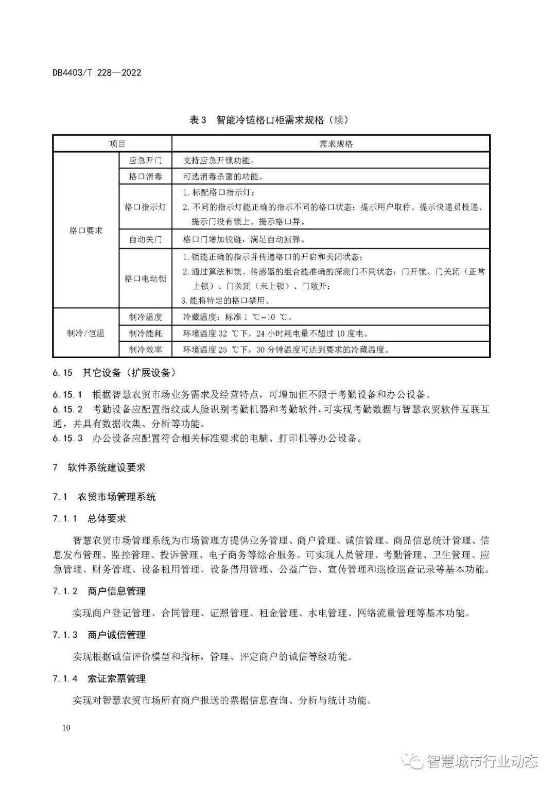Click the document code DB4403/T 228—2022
[96, 73]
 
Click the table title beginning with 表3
[269, 120]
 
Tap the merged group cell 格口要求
[86, 231]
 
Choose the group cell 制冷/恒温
[86, 333]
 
